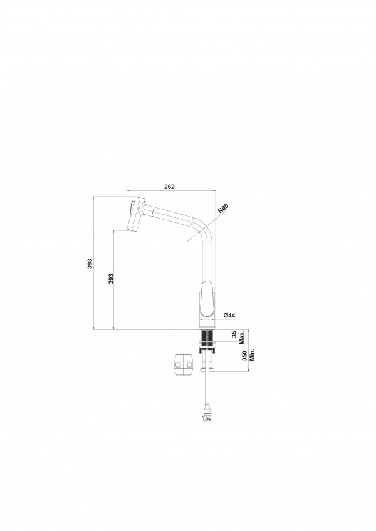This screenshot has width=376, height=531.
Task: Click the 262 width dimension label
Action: (169, 187)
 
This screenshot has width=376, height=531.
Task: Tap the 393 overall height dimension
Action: (90, 264)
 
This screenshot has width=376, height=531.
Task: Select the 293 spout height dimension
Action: (111, 279)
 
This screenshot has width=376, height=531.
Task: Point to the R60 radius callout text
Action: (224, 209)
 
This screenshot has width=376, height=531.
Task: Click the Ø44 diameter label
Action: (229, 316)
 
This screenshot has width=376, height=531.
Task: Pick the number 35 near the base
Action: (234, 334)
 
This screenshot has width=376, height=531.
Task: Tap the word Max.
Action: (242, 338)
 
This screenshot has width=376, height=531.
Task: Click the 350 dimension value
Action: (244, 356)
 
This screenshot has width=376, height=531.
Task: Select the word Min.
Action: (252, 354)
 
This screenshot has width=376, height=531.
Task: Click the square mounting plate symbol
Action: (184, 364)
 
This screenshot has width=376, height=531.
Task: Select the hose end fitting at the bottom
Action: (206, 414)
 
